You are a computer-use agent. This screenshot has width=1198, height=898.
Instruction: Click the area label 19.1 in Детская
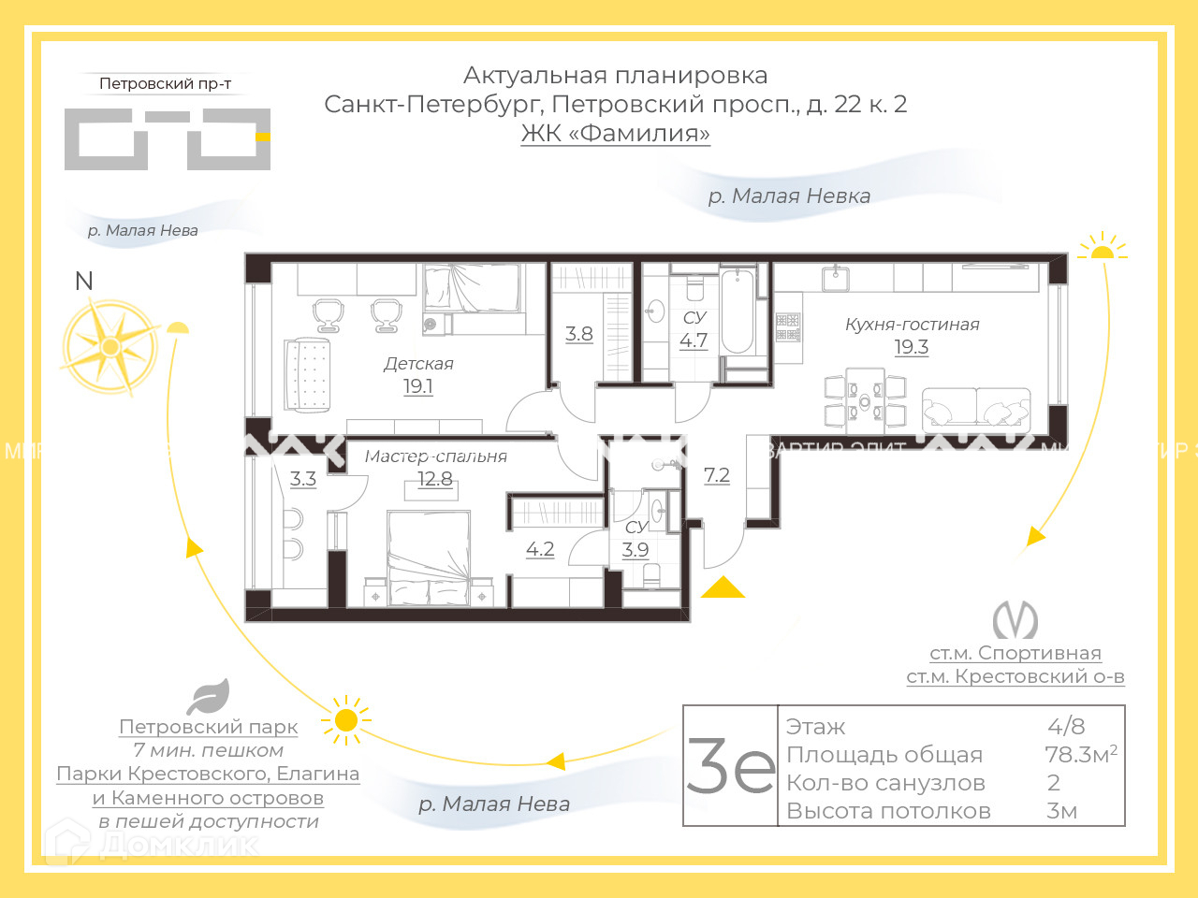pyautogui.click(x=417, y=386)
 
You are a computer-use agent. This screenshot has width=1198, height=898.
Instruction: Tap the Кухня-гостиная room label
pyautogui.click(x=912, y=325)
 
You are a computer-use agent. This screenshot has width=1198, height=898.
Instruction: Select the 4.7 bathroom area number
pyautogui.click(x=694, y=340)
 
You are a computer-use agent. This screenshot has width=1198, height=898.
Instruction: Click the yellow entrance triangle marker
pyautogui.click(x=723, y=587)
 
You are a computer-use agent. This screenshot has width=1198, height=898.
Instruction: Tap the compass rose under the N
pyautogui.click(x=110, y=347)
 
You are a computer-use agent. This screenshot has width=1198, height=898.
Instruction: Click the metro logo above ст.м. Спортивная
pyautogui.click(x=1015, y=619)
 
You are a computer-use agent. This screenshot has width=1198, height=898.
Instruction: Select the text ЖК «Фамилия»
pyautogui.click(x=616, y=133)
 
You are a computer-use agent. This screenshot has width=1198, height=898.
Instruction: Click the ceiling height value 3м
pyautogui.click(x=1062, y=811)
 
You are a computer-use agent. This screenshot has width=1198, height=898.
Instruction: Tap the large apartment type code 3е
pyautogui.click(x=731, y=766)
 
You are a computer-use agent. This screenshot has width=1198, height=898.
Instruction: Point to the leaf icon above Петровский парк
pyautogui.click(x=208, y=697)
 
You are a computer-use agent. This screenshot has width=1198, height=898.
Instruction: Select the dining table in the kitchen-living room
pyautogui.click(x=865, y=400)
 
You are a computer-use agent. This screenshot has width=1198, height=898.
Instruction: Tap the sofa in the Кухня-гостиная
pyautogui.click(x=976, y=408)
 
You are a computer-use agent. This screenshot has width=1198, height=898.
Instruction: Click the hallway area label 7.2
pyautogui.click(x=717, y=475)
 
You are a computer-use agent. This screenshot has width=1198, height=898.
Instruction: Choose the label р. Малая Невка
pyautogui.click(x=789, y=196)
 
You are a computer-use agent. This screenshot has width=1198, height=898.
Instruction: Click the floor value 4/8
pyautogui.click(x=1066, y=726)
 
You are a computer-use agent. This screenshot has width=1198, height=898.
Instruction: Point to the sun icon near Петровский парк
pyautogui.click(x=345, y=719)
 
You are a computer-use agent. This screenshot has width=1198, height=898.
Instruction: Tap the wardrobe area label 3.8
pyautogui.click(x=579, y=334)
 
